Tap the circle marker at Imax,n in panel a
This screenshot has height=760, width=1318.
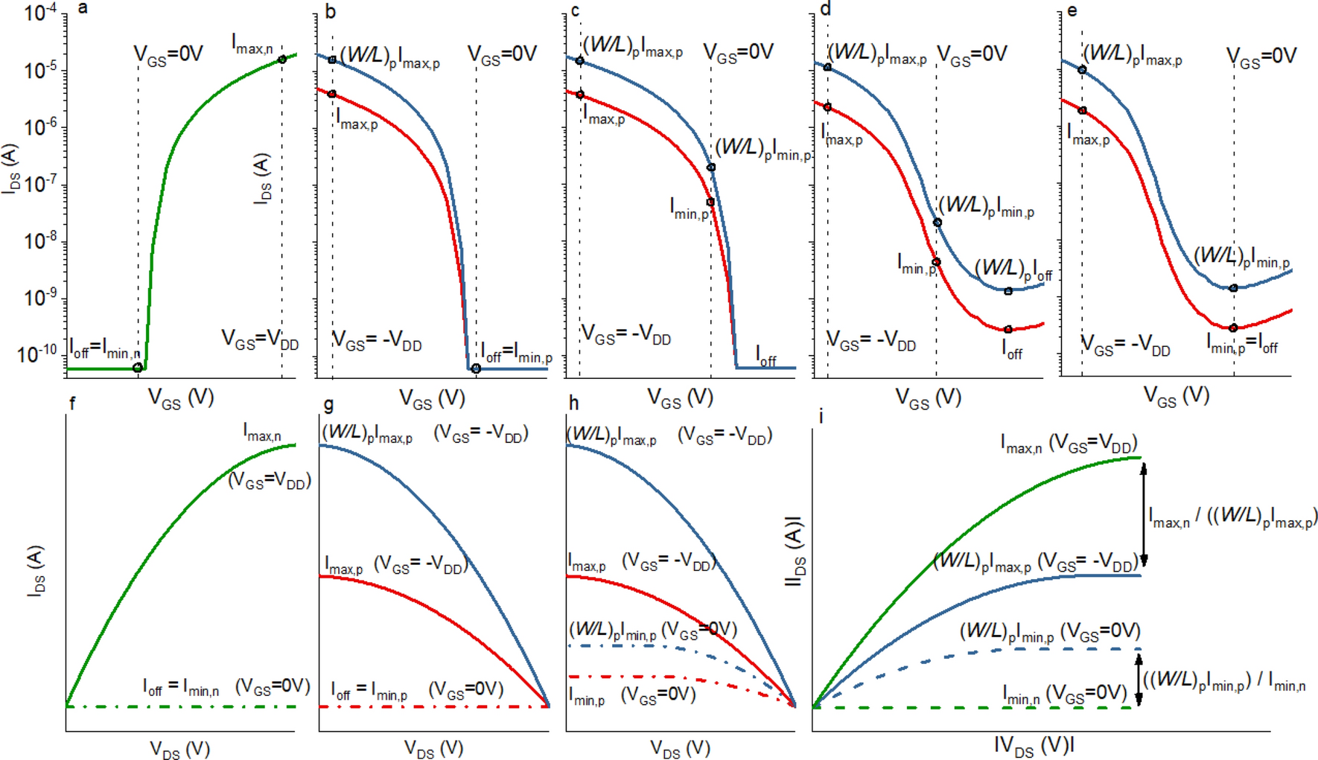tap(282, 60)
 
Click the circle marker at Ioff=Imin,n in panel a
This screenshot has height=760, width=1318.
tap(138, 368)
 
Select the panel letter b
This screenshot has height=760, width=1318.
tap(330, 10)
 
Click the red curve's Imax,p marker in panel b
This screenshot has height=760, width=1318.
tap(332, 95)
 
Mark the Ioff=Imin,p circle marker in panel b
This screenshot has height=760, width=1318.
tap(476, 368)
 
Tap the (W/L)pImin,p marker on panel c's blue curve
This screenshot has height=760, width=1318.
tap(711, 167)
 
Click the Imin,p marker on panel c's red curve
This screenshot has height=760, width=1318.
tap(710, 202)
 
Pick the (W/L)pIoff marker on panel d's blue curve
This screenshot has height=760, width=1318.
tap(1007, 291)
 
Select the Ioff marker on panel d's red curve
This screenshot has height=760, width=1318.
tap(1007, 329)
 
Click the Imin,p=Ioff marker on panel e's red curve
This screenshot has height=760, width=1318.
tap(1233, 328)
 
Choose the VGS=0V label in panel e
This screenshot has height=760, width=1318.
tap(1261, 57)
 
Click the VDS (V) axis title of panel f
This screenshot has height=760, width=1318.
tap(179, 749)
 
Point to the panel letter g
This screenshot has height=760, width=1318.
tap(328, 406)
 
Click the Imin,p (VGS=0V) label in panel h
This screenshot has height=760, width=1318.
tap(632, 696)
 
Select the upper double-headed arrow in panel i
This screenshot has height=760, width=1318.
tap(1144, 514)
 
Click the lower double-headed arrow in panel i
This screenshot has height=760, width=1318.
tap(1138, 679)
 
